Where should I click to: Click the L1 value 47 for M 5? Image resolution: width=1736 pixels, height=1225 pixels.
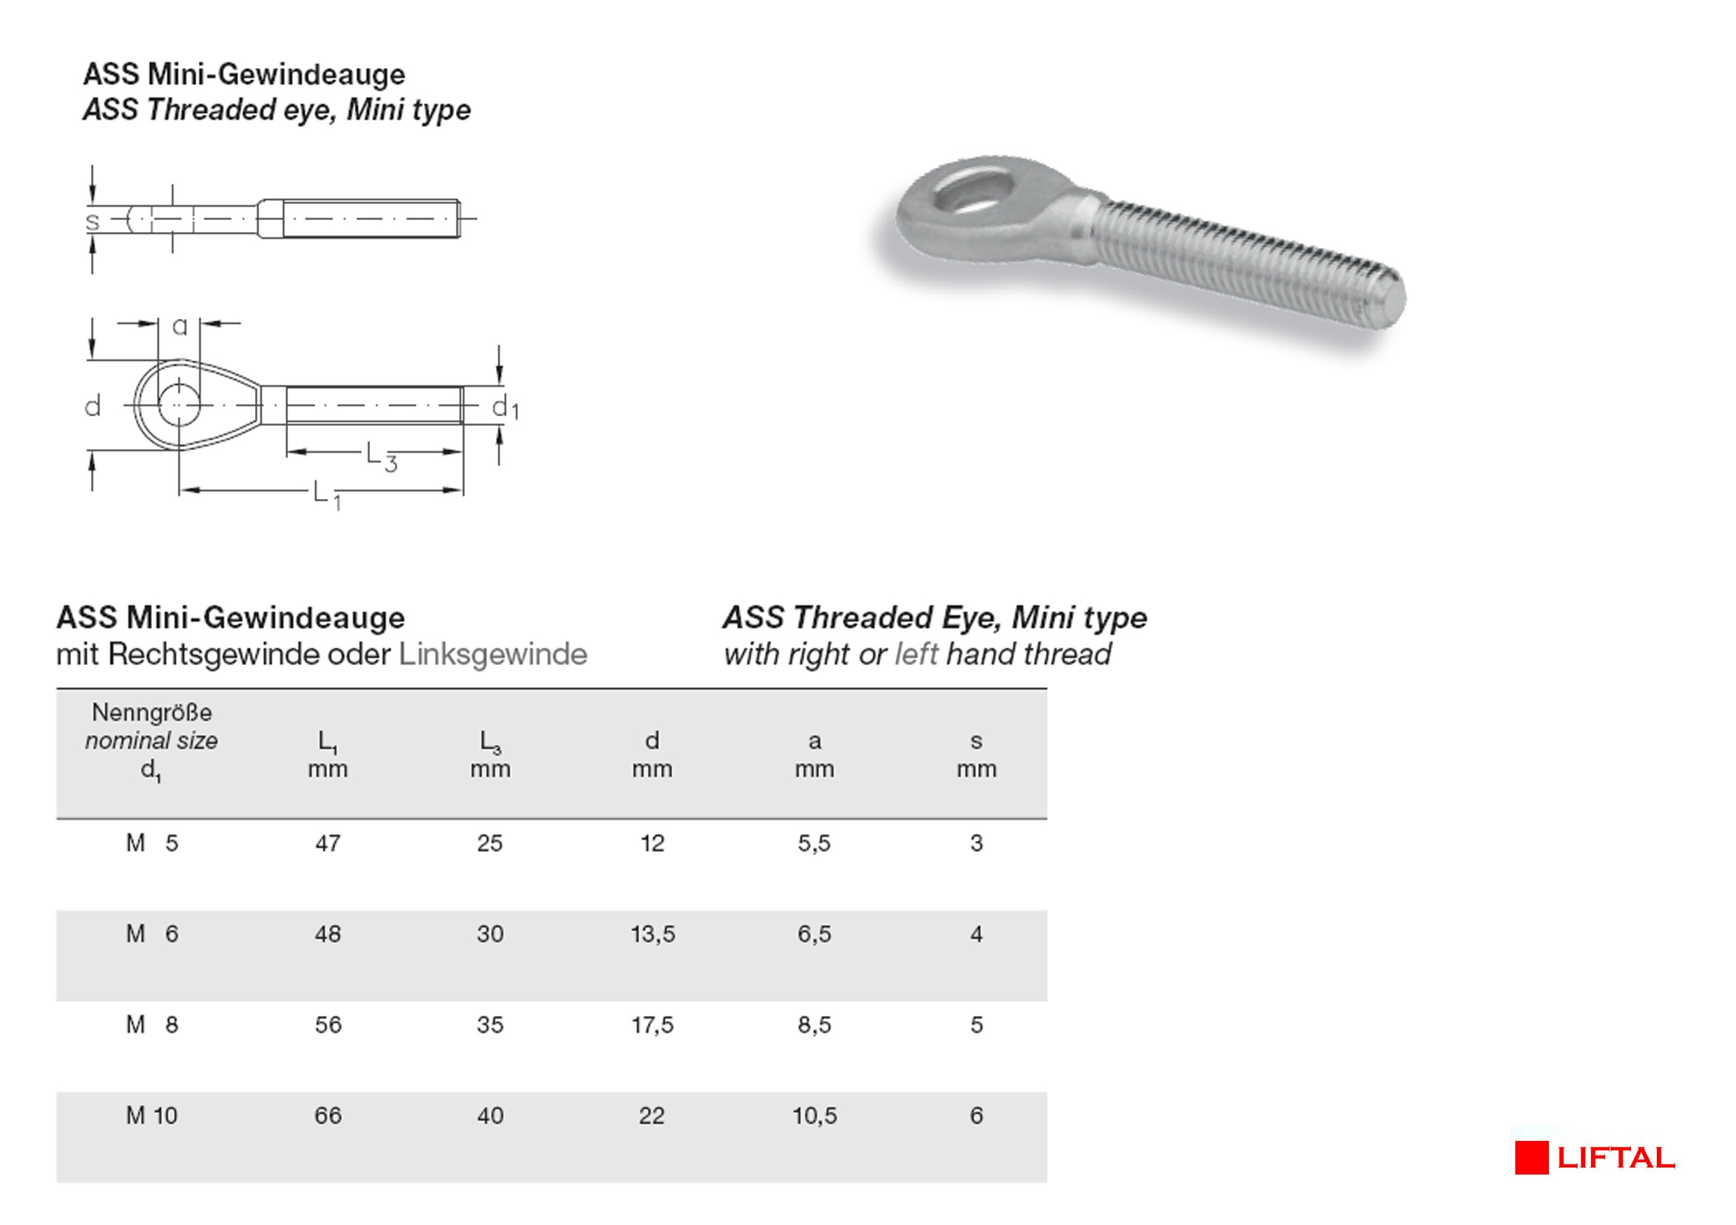pyautogui.click(x=327, y=842)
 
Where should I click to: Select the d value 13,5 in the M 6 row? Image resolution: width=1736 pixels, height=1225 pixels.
pyautogui.click(x=652, y=934)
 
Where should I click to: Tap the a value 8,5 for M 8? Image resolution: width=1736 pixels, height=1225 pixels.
pyautogui.click(x=814, y=1025)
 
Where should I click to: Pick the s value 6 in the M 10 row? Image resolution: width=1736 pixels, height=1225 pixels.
pyautogui.click(x=976, y=1116)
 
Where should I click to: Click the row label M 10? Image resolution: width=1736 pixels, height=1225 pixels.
pyautogui.click(x=151, y=1116)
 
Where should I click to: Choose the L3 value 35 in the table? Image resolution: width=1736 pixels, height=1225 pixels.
pyautogui.click(x=490, y=1025)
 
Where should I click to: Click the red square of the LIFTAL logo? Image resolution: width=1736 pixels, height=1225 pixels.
pyautogui.click(x=1531, y=1158)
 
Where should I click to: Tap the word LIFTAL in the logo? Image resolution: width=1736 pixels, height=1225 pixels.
pyautogui.click(x=1616, y=1158)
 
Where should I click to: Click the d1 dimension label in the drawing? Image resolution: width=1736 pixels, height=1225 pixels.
pyautogui.click(x=504, y=408)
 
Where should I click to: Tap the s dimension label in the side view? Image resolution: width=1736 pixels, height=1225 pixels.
pyautogui.click(x=92, y=221)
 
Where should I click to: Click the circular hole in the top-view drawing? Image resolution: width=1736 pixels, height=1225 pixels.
pyautogui.click(x=179, y=405)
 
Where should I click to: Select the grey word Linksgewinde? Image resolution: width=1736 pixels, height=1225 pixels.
pyautogui.click(x=492, y=654)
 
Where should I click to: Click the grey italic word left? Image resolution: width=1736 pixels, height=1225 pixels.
pyautogui.click(x=916, y=654)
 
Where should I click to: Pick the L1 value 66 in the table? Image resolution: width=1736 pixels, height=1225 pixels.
pyautogui.click(x=327, y=1116)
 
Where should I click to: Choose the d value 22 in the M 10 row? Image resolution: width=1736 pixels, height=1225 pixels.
pyautogui.click(x=652, y=1116)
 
